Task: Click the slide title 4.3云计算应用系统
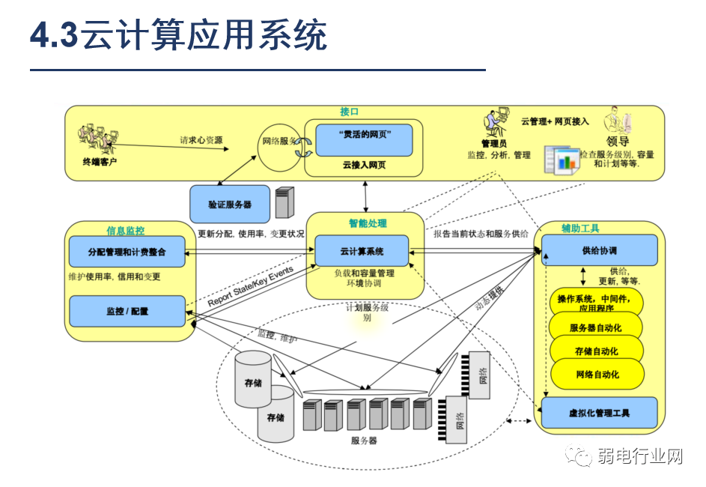(178, 36)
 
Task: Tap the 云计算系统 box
(362, 252)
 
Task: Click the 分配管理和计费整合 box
(127, 252)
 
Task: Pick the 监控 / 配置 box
(127, 311)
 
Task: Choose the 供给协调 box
(599, 250)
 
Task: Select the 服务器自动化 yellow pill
(596, 327)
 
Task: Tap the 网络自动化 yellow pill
(596, 374)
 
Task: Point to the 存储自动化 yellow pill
(596, 351)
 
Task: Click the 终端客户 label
(100, 162)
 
